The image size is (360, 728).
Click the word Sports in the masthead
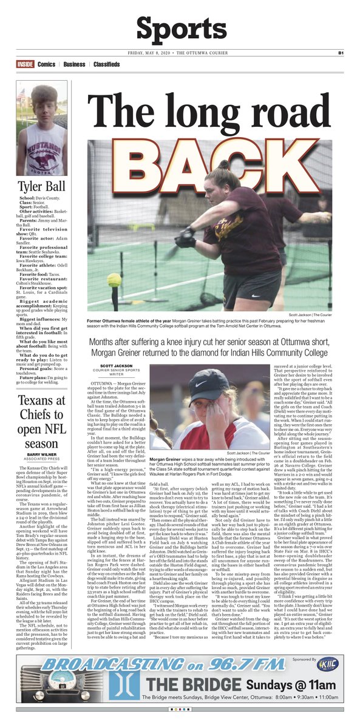point(180,29)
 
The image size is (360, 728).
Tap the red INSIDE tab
point(25,64)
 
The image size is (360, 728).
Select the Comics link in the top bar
point(46,64)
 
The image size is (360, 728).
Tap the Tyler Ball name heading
point(41,186)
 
